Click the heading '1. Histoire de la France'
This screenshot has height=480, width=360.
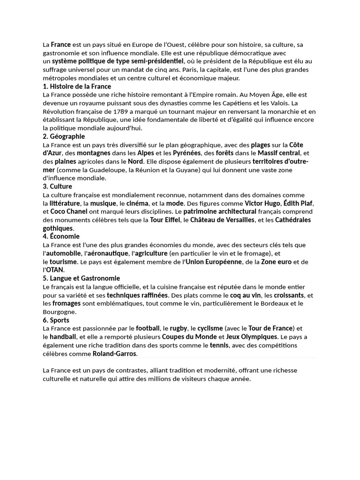point(77,86)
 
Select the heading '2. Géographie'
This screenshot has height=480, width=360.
point(64,136)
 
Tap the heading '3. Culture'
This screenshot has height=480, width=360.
point(57,187)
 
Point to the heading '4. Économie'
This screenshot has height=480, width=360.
point(61,236)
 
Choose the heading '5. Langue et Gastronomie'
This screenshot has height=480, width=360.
point(81,278)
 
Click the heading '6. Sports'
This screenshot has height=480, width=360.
point(56,320)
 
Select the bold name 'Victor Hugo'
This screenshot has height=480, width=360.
point(262,203)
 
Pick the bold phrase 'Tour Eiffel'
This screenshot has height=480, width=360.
point(165,220)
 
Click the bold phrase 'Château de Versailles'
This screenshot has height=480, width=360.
point(222,220)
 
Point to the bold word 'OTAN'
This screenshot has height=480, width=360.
point(55,270)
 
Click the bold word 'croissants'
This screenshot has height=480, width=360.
point(289,295)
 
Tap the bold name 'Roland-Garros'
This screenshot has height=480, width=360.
point(114,353)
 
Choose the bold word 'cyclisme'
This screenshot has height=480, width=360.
point(210,328)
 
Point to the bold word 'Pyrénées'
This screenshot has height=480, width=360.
point(186,153)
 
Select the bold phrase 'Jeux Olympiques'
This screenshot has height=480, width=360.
point(252,337)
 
